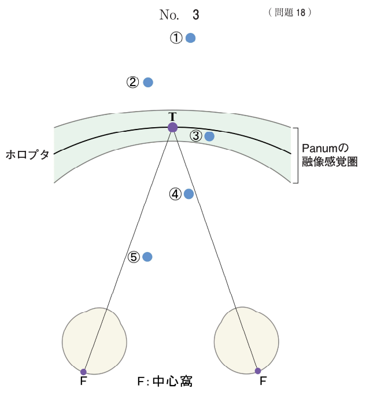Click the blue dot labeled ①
(190, 38)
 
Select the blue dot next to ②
(148, 82)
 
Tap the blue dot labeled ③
(209, 136)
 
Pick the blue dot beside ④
(188, 194)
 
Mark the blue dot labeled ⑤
(147, 257)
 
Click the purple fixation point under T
(172, 127)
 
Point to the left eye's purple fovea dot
(83, 372)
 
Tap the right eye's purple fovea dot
(258, 371)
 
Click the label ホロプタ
(27, 154)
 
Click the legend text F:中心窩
(165, 382)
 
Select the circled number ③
(195, 136)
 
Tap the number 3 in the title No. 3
(196, 14)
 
